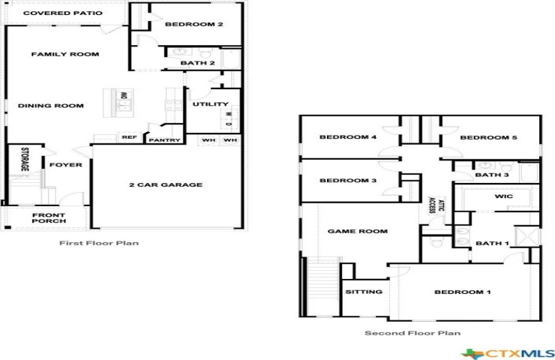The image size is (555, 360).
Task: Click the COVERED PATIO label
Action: pos(63,13)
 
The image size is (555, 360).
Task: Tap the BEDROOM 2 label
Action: pos(194,25)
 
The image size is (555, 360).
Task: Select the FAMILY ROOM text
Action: pos(65,54)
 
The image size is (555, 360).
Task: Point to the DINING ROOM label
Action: pos(50,106)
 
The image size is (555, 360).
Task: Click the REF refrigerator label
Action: pos(129,137)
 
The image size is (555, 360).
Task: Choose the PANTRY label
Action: pos(164,140)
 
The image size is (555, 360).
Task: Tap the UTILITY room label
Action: pos(211,104)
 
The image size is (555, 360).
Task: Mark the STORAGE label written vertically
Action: pos(25,159)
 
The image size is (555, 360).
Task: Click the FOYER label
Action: pos(66,164)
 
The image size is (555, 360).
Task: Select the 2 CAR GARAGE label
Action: pos(166,184)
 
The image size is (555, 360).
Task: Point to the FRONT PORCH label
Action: pos(49,217)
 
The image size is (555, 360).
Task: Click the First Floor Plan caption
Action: pos(99,243)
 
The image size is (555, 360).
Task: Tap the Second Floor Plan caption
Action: pos(412,333)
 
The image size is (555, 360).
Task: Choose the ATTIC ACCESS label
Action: pos(436,205)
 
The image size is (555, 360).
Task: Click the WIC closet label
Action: pos(504,196)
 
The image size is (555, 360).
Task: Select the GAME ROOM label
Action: pos(358,231)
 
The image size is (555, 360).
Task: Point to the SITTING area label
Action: pos(364,292)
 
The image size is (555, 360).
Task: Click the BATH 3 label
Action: pos(492,175)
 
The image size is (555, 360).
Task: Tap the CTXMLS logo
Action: pos(508,353)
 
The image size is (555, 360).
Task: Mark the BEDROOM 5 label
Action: pos(488,137)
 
